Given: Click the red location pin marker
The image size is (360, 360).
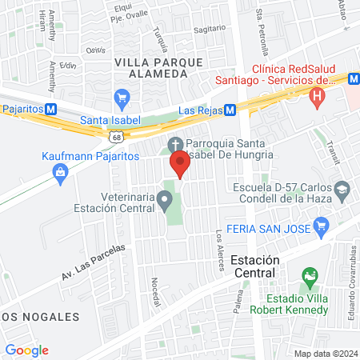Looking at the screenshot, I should pyautogui.click(x=180, y=164).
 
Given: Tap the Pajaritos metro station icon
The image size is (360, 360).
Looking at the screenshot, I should pyautogui.click(x=51, y=109).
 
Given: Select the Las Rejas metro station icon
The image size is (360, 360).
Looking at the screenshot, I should pyautogui.click(x=230, y=110).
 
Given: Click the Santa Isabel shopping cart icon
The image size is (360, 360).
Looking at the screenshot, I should pyautogui.click(x=122, y=99).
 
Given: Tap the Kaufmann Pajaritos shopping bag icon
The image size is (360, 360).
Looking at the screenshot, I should pyautogui.click(x=61, y=178).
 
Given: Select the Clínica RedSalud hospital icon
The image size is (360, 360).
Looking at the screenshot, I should pyautogui.click(x=318, y=99).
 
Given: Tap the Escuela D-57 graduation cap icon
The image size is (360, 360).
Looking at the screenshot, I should pyautogui.click(x=343, y=190).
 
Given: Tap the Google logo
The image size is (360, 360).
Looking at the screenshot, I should pyautogui.click(x=26, y=350).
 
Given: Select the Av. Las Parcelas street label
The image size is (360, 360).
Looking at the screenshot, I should pyautogui.click(x=94, y=262).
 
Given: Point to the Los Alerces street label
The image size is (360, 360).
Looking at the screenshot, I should pyautogui.click(x=220, y=249).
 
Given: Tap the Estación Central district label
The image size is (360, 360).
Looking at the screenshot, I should pyautogui.click(x=254, y=266).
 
